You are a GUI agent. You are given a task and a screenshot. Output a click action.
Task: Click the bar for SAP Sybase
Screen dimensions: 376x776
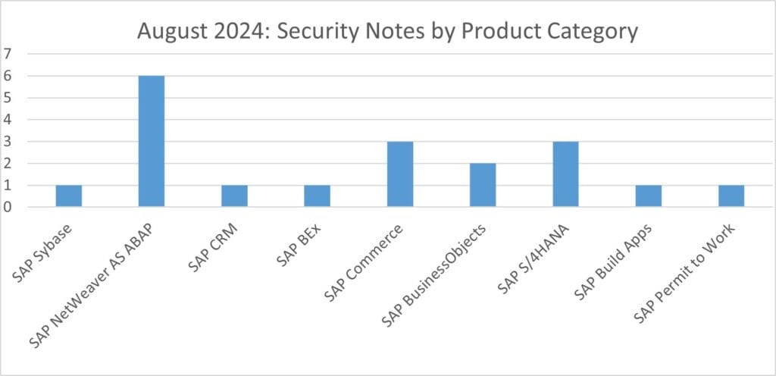coord(68,196)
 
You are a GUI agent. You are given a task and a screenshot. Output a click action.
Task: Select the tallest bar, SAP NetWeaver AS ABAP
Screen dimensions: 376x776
coord(151,141)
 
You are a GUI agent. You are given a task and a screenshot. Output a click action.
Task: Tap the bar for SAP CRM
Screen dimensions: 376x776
coord(234,196)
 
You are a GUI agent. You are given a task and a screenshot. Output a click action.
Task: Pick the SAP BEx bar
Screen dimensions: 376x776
coord(317,196)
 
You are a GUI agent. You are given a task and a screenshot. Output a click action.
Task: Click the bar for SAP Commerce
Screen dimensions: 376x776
coord(399,174)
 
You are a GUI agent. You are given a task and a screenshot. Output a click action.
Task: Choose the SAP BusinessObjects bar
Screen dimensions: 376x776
coord(483,185)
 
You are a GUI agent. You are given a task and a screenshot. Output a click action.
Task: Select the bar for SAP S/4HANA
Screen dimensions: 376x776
coord(565,174)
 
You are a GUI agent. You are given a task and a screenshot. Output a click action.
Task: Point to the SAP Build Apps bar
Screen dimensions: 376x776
coord(648,196)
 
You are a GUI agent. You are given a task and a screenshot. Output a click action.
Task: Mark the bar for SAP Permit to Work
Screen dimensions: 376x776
coord(731,196)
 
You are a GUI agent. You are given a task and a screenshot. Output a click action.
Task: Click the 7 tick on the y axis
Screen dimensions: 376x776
coord(8,54)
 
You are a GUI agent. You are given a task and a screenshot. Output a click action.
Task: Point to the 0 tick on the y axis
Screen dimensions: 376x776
coord(8,207)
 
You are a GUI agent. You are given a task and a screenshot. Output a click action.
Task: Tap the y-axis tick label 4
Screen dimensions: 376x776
coord(8,120)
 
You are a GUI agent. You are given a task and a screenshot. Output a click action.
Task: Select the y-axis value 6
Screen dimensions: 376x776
coord(8,76)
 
